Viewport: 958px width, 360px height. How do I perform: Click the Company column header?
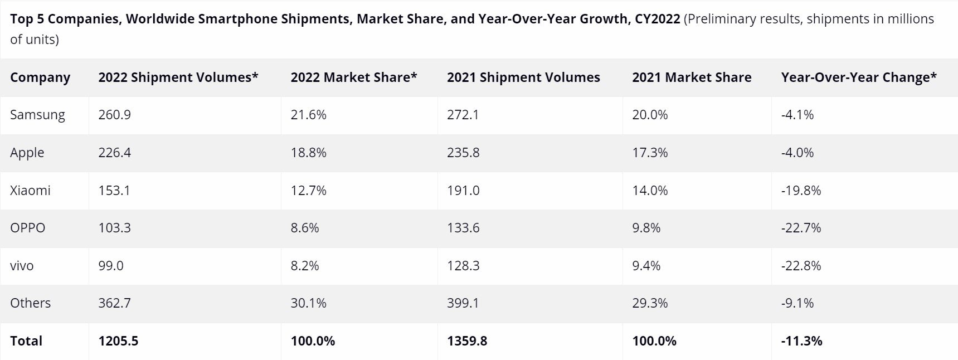click(40, 77)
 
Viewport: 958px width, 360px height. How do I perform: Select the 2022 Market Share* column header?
click(353, 77)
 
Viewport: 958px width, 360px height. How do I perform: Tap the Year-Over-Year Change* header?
click(858, 77)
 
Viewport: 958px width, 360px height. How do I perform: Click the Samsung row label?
click(37, 115)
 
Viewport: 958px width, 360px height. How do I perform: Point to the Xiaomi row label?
click(30, 191)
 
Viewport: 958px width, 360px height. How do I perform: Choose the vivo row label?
click(22, 266)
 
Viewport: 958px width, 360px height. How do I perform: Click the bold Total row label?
click(26, 341)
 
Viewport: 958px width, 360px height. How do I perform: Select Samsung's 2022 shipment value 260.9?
click(115, 115)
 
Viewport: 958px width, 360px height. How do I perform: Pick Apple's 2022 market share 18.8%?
click(308, 153)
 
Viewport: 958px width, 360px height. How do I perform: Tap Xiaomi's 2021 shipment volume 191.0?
click(463, 191)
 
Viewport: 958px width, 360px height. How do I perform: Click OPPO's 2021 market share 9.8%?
click(646, 228)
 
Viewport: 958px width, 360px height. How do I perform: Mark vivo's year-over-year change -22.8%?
click(801, 266)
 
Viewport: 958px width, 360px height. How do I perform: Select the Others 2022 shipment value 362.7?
click(115, 303)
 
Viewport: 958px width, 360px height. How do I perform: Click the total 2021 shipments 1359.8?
click(467, 341)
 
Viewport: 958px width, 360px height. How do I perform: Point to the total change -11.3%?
click(801, 341)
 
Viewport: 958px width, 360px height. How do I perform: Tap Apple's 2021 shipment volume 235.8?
click(463, 153)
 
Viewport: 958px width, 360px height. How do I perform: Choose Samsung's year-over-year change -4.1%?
click(797, 115)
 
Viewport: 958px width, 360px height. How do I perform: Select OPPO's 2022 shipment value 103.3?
click(115, 228)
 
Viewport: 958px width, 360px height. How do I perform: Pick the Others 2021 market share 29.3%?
click(650, 303)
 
